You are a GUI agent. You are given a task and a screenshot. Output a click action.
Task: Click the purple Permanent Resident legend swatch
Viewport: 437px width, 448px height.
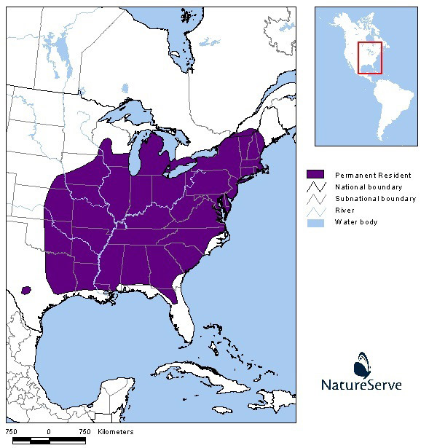(315, 175)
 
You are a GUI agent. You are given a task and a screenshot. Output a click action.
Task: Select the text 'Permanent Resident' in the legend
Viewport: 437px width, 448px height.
(373, 176)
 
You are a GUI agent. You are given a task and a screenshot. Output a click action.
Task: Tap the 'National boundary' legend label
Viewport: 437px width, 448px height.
(369, 187)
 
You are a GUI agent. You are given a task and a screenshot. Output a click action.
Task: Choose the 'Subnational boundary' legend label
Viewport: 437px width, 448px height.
(375, 199)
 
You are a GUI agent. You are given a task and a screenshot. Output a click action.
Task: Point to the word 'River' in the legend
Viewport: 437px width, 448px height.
(345, 211)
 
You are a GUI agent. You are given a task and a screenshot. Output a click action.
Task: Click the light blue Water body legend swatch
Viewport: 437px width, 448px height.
(315, 221)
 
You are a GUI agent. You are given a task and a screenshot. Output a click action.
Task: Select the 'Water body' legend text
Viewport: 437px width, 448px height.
(356, 222)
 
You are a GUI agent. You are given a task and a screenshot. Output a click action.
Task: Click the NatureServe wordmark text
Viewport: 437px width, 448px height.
(361, 384)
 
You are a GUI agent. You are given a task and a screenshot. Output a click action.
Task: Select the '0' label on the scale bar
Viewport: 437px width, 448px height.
(48, 432)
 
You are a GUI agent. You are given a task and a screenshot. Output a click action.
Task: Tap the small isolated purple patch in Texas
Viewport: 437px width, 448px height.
(26, 290)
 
